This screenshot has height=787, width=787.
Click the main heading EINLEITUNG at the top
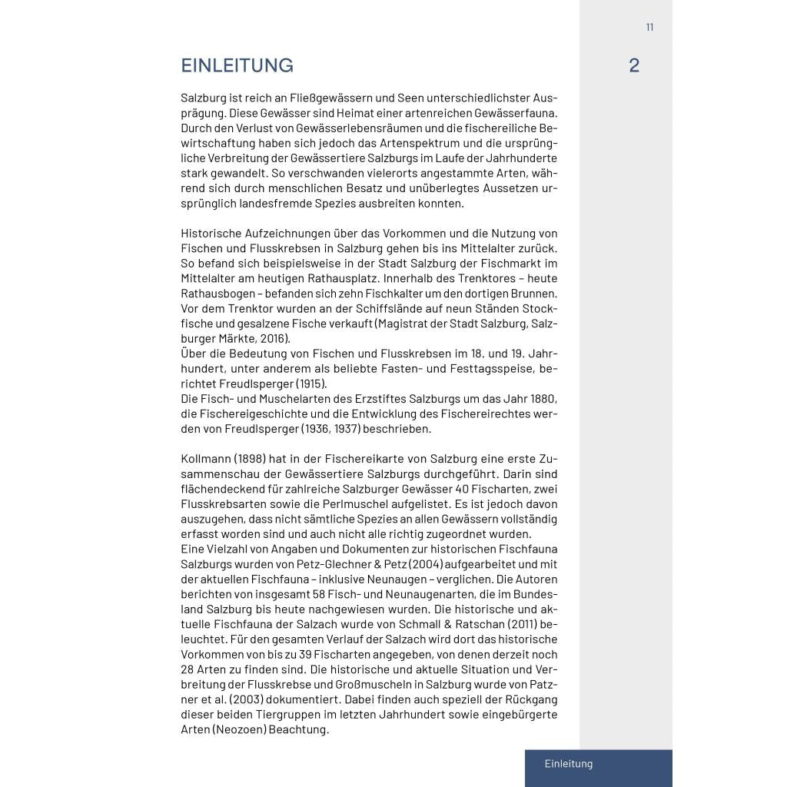tap(237, 66)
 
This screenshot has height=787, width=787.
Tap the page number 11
tap(649, 27)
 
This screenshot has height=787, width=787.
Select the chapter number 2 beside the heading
tap(633, 66)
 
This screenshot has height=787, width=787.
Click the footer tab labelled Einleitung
tap(569, 764)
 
